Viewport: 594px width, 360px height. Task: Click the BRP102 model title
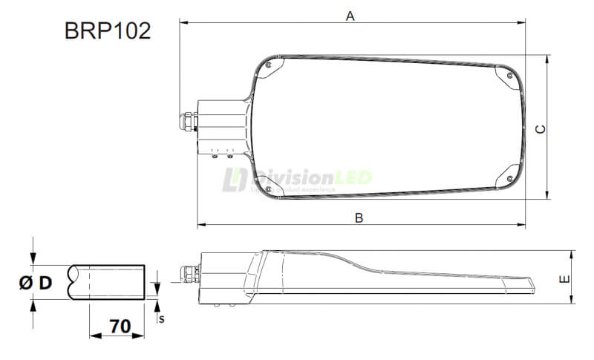point(108,31)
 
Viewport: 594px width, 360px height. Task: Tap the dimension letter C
point(541,128)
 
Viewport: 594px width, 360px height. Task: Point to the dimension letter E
point(565,279)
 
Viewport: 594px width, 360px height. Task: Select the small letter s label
point(160,318)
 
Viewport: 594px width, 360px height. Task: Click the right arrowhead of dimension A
point(523,22)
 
